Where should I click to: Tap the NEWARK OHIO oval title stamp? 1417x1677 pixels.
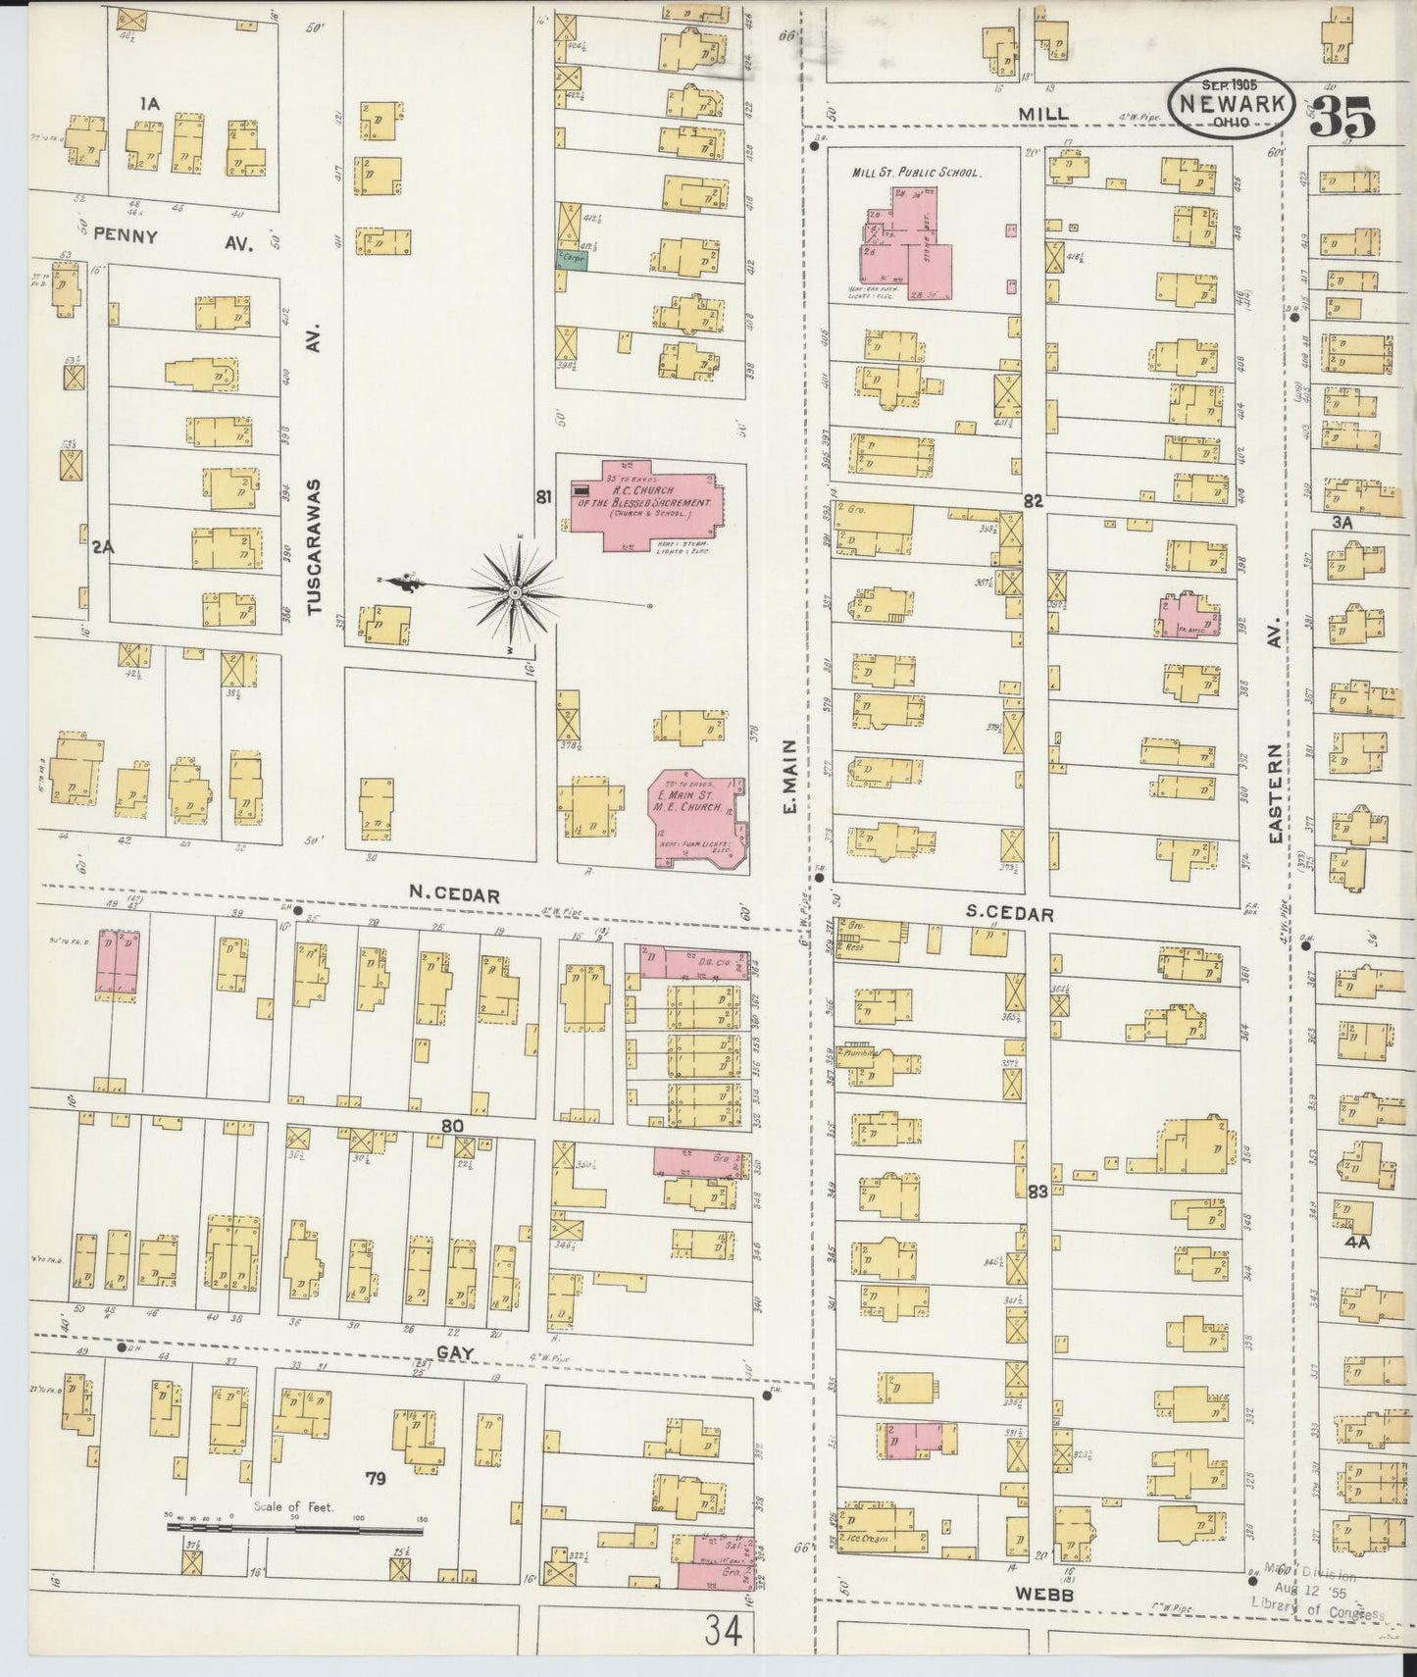click(1232, 100)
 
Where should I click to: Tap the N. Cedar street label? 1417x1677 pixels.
click(455, 895)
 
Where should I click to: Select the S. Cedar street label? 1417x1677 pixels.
click(1009, 913)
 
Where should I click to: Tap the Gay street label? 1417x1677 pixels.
click(455, 1352)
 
